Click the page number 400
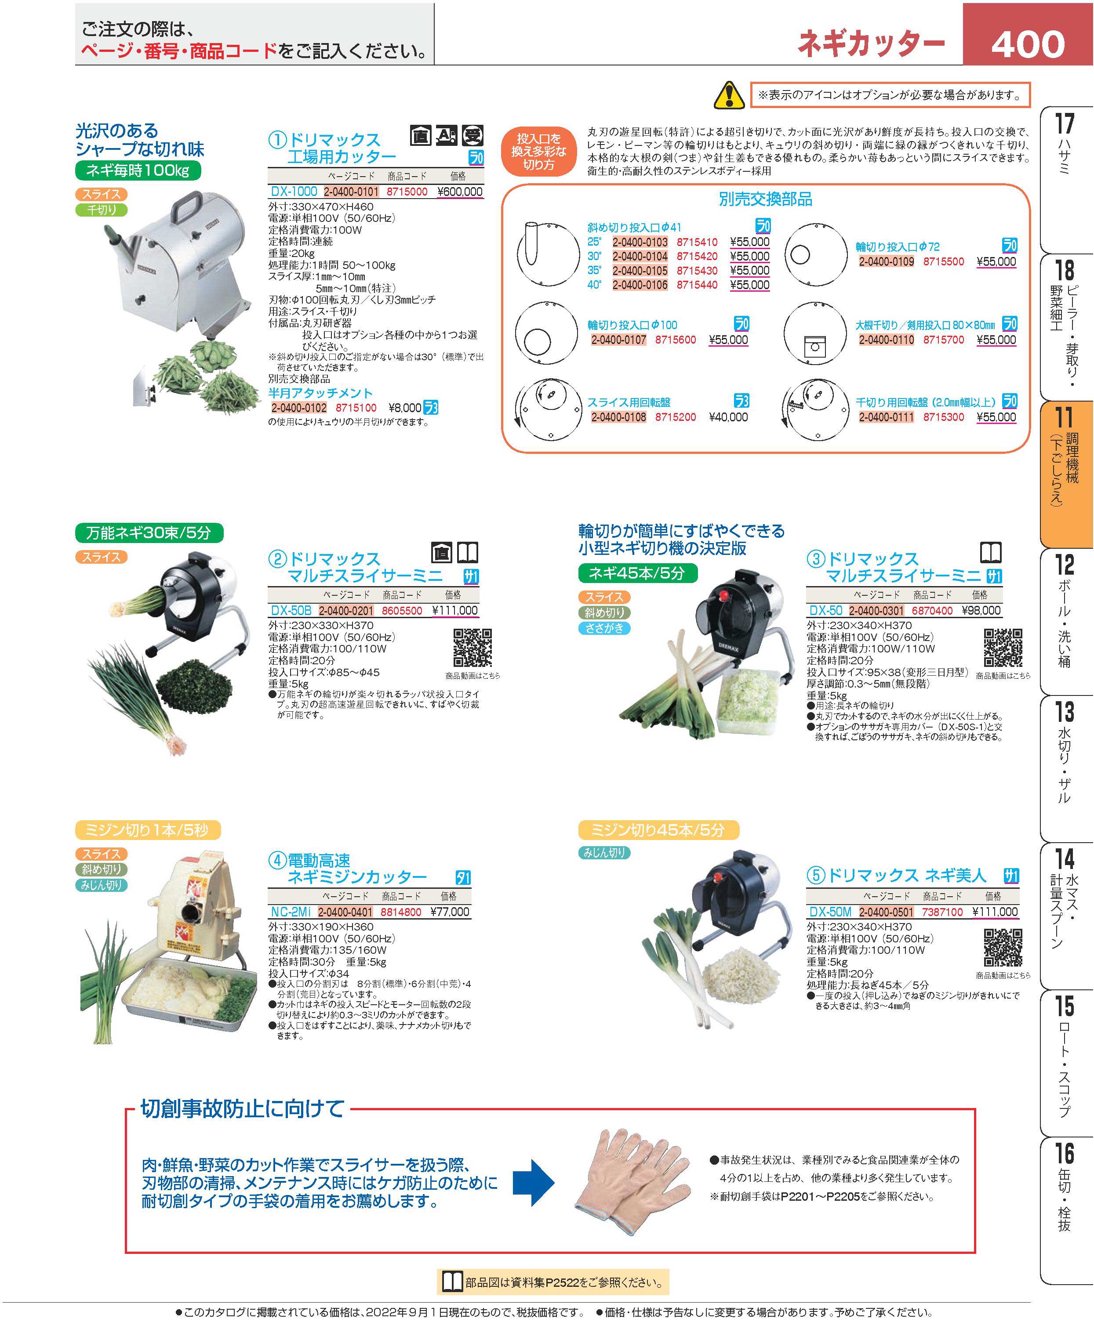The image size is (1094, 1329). click(x=1028, y=44)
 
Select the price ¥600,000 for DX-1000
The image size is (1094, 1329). click(x=460, y=192)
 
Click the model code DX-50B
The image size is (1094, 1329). click(x=291, y=610)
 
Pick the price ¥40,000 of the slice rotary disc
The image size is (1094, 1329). click(x=728, y=417)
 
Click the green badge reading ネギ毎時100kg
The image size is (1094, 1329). click(x=138, y=171)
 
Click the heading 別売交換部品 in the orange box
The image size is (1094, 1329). click(x=766, y=199)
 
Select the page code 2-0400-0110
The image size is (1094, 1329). click(x=886, y=340)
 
